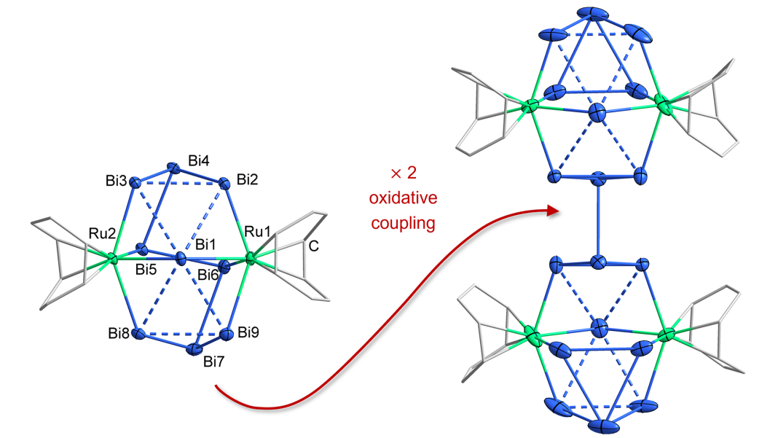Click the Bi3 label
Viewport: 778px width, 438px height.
point(115,179)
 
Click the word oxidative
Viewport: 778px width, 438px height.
point(404,198)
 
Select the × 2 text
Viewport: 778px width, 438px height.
point(404,175)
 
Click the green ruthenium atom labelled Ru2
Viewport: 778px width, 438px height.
point(112,258)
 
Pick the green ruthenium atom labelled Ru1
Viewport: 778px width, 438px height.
point(251,258)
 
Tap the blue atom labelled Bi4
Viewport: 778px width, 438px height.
point(173,168)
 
